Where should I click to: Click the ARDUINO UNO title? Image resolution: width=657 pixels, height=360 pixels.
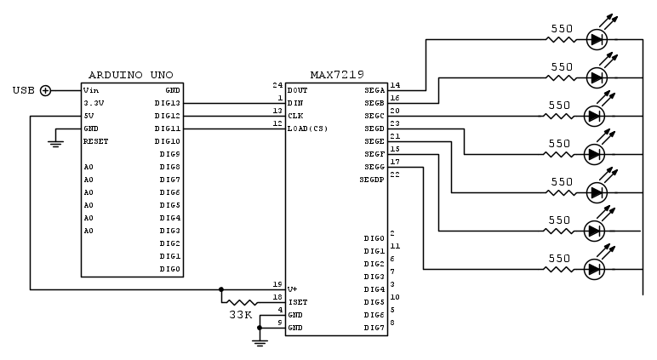click(x=131, y=77)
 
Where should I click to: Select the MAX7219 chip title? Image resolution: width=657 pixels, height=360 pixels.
click(x=335, y=77)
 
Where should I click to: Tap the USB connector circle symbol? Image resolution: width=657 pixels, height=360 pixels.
click(x=46, y=90)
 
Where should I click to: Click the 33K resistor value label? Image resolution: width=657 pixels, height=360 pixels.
click(x=241, y=315)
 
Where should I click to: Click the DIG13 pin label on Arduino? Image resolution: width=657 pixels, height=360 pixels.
click(x=167, y=103)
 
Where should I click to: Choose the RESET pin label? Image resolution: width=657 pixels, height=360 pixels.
click(x=96, y=141)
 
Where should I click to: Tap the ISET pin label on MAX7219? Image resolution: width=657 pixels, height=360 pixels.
click(x=298, y=301)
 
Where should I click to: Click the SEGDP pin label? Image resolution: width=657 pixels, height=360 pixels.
click(x=372, y=180)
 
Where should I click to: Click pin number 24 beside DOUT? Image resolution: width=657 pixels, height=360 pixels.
click(x=277, y=86)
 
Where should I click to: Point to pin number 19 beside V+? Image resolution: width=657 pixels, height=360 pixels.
click(x=277, y=284)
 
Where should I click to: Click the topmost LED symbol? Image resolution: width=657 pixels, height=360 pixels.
click(x=597, y=39)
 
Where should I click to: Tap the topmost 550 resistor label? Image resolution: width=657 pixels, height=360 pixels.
click(x=561, y=27)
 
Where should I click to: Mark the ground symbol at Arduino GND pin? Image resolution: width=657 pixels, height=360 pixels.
click(x=56, y=143)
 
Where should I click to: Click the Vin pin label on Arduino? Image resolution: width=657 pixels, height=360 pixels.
click(x=91, y=90)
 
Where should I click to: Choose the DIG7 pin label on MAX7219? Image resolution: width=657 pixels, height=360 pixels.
click(x=374, y=328)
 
